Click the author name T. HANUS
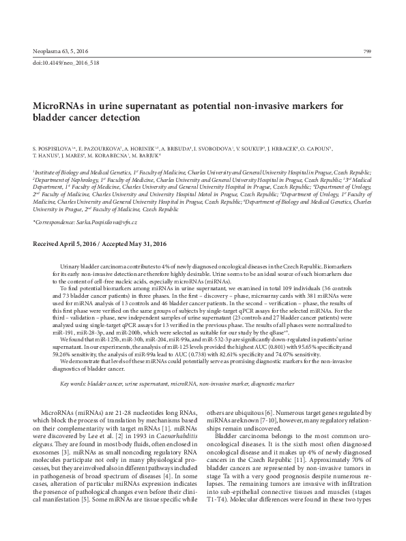pos(46,155)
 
